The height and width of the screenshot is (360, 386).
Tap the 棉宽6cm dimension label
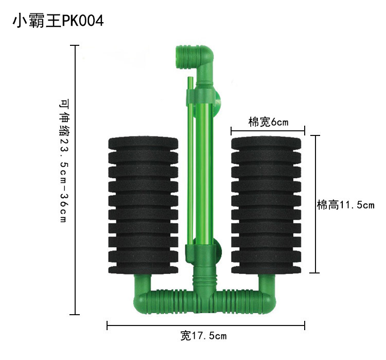click(268, 122)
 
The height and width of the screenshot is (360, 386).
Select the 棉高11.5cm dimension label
click(346, 205)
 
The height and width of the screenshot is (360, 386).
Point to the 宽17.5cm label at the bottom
click(203, 336)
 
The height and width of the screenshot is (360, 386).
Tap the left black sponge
click(143, 204)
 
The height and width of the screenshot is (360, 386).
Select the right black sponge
click(266, 204)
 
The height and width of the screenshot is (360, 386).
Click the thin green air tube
click(189, 155)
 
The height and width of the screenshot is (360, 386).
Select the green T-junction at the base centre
click(205, 296)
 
